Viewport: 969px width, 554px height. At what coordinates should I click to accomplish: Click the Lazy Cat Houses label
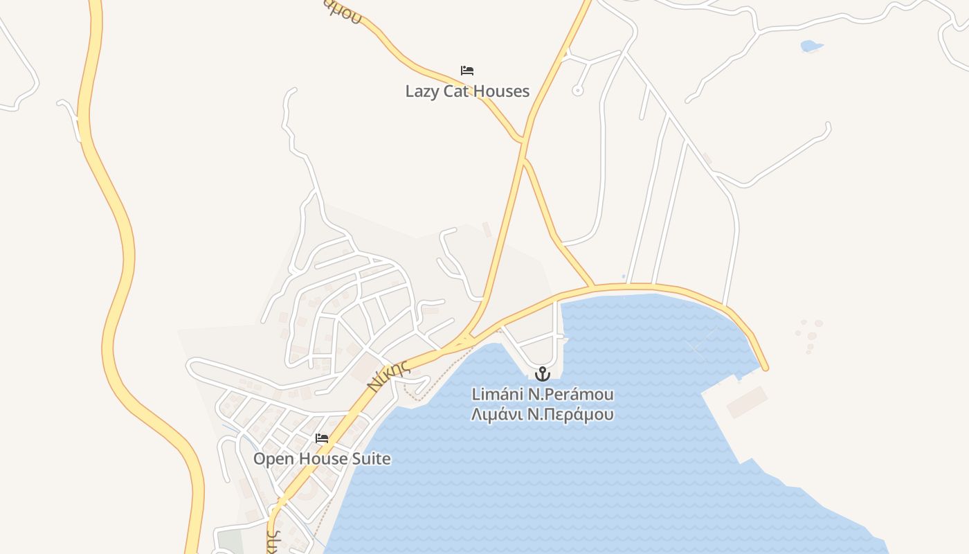pyautogui.click(x=467, y=91)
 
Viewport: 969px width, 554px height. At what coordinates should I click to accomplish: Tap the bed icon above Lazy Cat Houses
pyautogui.click(x=467, y=71)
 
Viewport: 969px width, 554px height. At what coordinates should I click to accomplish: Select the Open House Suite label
pyautogui.click(x=322, y=458)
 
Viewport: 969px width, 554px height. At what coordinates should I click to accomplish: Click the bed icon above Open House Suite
pyautogui.click(x=322, y=438)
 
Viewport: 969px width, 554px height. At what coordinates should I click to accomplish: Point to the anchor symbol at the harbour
pyautogui.click(x=543, y=374)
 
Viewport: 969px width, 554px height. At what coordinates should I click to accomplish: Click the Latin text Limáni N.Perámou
pyautogui.click(x=543, y=395)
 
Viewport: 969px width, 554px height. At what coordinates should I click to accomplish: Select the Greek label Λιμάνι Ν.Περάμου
pyautogui.click(x=543, y=415)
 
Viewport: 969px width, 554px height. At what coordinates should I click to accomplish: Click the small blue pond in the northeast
pyautogui.click(x=810, y=46)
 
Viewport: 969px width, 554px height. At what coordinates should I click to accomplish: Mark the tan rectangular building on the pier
pyautogui.click(x=747, y=402)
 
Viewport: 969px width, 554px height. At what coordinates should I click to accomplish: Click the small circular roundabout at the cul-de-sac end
pyautogui.click(x=578, y=90)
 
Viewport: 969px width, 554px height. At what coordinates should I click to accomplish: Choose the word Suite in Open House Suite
pyautogui.click(x=371, y=458)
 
